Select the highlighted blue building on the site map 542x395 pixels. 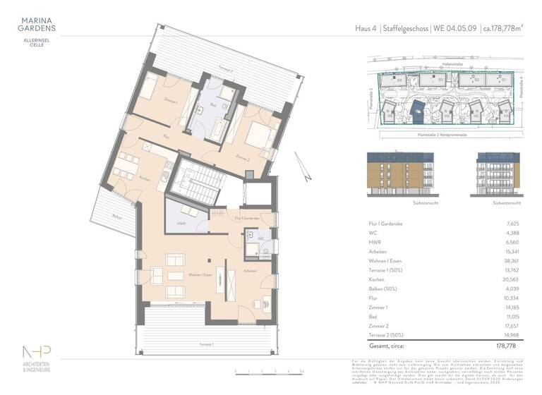[x=418, y=109]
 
